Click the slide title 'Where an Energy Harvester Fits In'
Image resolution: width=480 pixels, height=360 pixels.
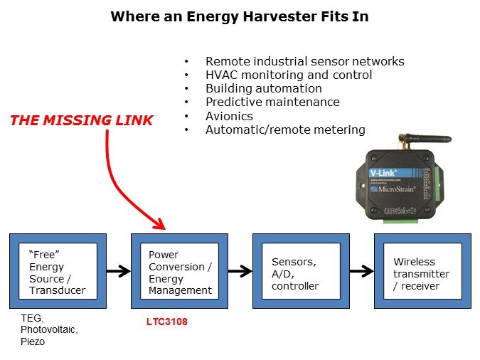pyautogui.click(x=240, y=16)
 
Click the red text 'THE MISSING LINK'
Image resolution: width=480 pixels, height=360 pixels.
pyautogui.click(x=81, y=120)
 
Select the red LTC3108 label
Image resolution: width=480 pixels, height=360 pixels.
pyautogui.click(x=162, y=322)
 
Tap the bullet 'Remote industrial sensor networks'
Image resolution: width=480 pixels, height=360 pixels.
pyautogui.click(x=304, y=61)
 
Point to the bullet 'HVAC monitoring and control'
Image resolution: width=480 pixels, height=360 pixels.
pyautogui.click(x=289, y=75)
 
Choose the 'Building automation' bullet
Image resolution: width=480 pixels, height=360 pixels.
pyautogui.click(x=263, y=88)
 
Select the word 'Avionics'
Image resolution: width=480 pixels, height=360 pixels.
pyautogui.click(x=229, y=116)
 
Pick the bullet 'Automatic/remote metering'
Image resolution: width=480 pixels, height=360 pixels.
pyautogui.click(x=285, y=129)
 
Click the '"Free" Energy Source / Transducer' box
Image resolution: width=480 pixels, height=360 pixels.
pyautogui.click(x=58, y=270)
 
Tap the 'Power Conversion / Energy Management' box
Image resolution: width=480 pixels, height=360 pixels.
pyautogui.click(x=180, y=270)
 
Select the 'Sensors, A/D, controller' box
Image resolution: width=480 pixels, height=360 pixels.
pyautogui.click(x=301, y=270)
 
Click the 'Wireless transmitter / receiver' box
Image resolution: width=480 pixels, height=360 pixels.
pyautogui.click(x=422, y=270)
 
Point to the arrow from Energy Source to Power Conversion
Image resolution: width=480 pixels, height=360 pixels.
pyautogui.click(x=119, y=270)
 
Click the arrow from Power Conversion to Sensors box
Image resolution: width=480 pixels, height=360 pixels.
pyautogui.click(x=240, y=270)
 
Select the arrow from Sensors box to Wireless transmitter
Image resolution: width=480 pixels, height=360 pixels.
pyautogui.click(x=362, y=270)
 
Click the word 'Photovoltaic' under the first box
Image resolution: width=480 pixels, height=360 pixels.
pyautogui.click(x=48, y=330)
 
